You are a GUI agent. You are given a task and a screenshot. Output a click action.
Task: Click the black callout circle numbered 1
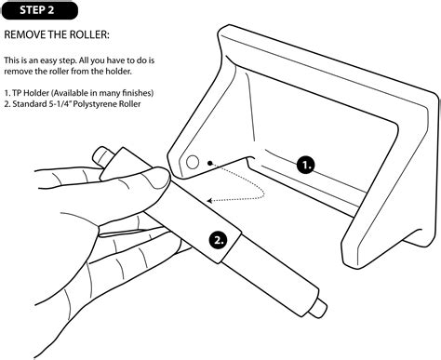coord(306,165)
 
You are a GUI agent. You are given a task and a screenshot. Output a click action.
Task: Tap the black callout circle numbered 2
coord(218,239)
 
